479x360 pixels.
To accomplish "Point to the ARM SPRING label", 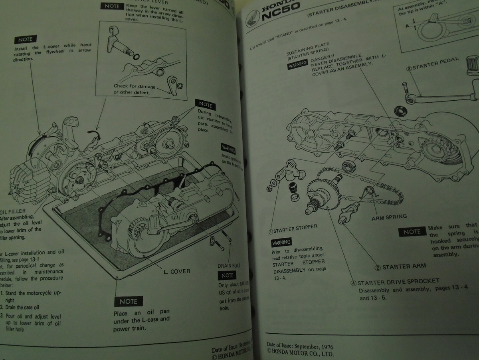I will coord(389,217).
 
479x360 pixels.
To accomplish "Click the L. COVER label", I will coord(177,271).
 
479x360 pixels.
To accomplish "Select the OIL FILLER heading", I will coord(14,212).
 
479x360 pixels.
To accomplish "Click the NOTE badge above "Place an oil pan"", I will coord(129,302).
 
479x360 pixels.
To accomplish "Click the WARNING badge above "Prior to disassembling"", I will coord(281,242).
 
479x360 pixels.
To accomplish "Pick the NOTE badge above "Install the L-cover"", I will coord(25,40).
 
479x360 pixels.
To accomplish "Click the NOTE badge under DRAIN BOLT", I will coord(228,275).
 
